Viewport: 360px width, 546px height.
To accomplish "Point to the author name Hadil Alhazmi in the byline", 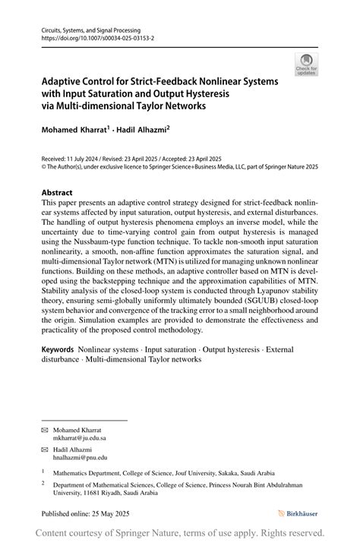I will click(x=142, y=131).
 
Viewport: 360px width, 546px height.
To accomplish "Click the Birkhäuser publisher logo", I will click(x=298, y=513).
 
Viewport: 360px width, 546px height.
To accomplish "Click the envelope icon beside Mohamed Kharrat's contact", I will click(x=44, y=430).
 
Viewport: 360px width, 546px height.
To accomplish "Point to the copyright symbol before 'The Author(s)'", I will click(x=43, y=166).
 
